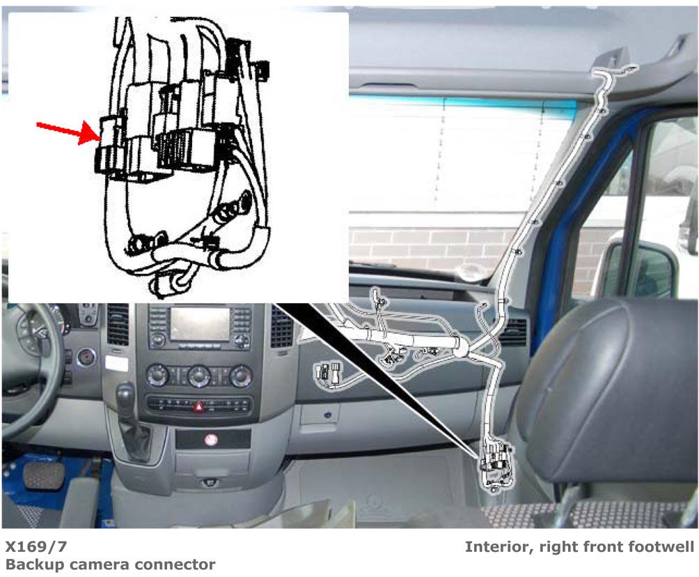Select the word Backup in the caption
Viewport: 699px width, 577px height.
pyautogui.click(x=33, y=564)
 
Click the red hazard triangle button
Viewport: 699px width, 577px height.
pyautogui.click(x=200, y=406)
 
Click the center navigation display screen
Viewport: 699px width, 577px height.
pyautogui.click(x=200, y=323)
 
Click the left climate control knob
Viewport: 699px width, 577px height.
pyautogui.click(x=157, y=376)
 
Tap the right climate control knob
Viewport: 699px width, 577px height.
pyautogui.click(x=241, y=376)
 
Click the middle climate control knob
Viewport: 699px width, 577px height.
pyautogui.click(x=199, y=376)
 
